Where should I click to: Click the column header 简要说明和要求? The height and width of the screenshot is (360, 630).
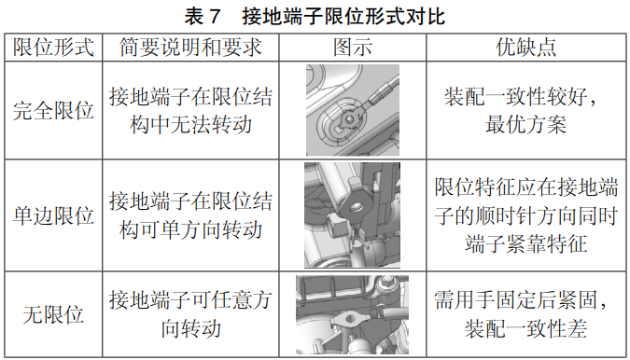[x=190, y=48]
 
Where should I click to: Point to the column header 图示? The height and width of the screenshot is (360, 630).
[x=353, y=48]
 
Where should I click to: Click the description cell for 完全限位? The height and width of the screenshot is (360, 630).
[x=190, y=110]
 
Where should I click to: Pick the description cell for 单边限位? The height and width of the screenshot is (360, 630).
[x=190, y=215]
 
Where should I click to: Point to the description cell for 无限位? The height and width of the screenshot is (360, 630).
[x=190, y=314]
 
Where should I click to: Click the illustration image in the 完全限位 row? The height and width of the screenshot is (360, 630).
[x=352, y=110]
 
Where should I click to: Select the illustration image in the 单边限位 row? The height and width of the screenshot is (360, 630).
[x=352, y=215]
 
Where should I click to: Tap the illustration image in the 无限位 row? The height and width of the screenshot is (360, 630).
[x=352, y=315]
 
